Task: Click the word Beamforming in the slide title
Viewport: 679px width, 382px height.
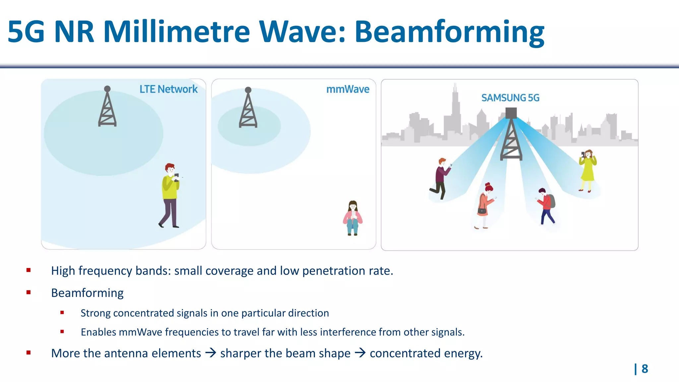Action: (x=449, y=32)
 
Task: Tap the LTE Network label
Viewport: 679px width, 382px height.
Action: (x=168, y=89)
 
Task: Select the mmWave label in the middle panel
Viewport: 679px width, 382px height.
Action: (x=348, y=89)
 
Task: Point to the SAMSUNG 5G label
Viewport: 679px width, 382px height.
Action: (x=510, y=98)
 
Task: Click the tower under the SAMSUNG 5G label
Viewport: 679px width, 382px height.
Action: (x=511, y=136)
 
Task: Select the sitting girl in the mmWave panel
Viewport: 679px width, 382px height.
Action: (x=353, y=218)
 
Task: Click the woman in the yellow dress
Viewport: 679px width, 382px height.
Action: (x=587, y=170)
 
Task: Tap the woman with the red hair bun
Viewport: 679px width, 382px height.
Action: (x=485, y=206)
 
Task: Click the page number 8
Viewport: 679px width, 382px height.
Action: (x=645, y=369)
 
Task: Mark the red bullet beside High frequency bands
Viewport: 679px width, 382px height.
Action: (x=29, y=270)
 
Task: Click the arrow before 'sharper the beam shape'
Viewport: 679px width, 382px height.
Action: (x=211, y=353)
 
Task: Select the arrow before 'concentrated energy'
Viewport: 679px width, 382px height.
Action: (x=360, y=353)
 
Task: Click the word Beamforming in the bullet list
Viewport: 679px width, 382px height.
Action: (x=87, y=293)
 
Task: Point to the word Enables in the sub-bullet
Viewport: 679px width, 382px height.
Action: (x=98, y=332)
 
